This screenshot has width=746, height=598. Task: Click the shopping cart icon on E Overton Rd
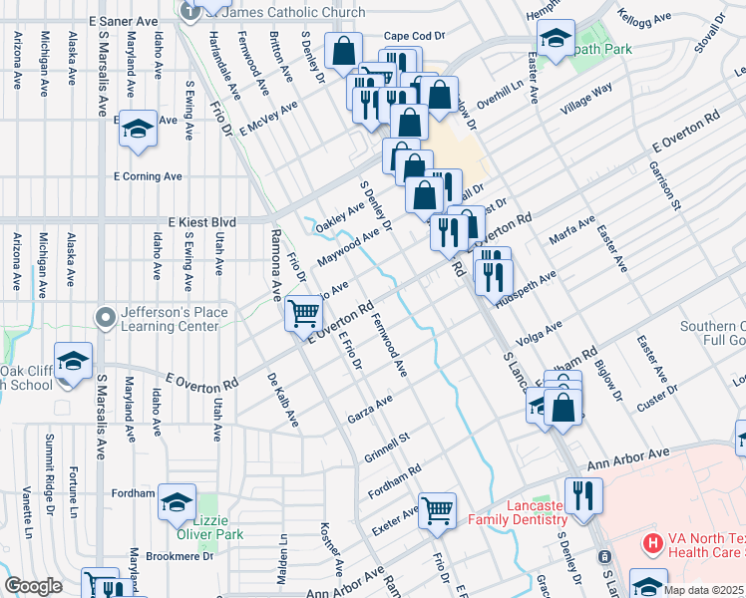[304, 314]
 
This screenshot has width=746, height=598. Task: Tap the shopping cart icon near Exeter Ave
[437, 510]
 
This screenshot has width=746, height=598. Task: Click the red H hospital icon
[652, 544]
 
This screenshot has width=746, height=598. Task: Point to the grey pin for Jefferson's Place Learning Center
[106, 318]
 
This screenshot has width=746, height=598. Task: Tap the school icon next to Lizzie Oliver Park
[177, 504]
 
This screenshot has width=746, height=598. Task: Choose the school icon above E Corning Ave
[138, 129]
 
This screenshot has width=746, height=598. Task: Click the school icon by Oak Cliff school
[73, 362]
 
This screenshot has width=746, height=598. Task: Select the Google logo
[34, 586]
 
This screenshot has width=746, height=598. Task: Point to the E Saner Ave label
[123, 20]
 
